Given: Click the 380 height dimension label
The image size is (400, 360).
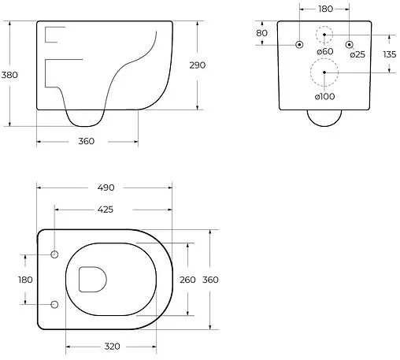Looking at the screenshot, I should click(10, 75).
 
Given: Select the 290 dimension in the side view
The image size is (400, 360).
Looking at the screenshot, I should click(197, 65).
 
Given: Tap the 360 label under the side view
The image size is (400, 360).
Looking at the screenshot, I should click(86, 141).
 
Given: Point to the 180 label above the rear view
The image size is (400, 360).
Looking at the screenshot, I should click(324, 9).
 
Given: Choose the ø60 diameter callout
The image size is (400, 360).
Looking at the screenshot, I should click(324, 52).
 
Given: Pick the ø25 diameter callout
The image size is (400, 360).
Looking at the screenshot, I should click(357, 54).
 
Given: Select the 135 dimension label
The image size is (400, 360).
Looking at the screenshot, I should click(388, 54).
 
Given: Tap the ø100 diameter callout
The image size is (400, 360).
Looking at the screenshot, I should click(324, 96).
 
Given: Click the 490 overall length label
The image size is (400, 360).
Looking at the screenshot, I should click(106, 187).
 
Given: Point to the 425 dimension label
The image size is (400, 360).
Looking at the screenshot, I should click(109, 210).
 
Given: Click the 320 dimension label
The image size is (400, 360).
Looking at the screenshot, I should click(111, 346).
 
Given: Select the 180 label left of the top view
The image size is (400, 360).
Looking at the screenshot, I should click(25, 279).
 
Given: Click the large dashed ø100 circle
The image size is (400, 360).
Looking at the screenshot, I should click(324, 73).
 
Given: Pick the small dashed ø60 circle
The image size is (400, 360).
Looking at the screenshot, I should click(324, 35).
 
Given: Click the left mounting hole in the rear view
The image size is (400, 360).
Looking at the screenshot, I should click(298, 44).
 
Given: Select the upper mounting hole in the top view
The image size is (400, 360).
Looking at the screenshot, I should click(54, 254).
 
